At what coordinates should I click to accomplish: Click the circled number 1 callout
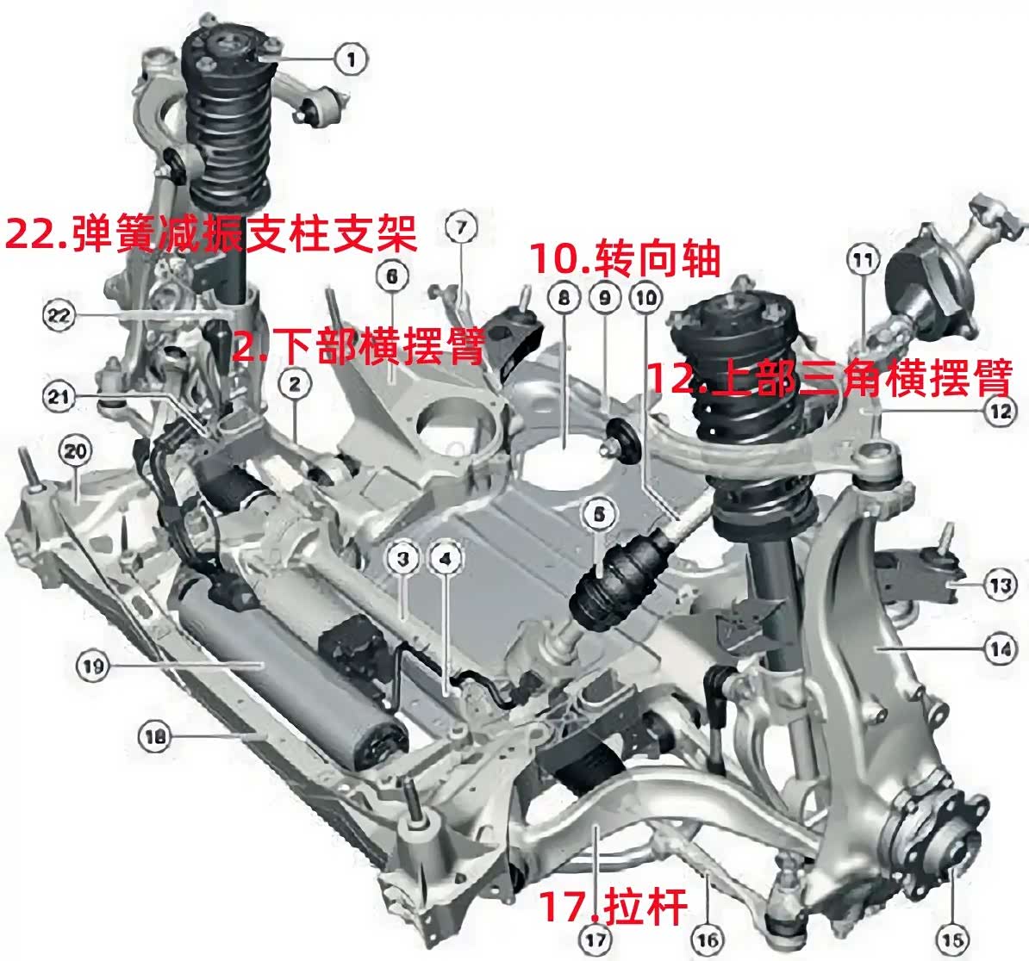point(351,59)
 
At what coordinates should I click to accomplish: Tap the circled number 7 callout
point(461,228)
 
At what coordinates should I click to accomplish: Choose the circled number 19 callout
point(92,666)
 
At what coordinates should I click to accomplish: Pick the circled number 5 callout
point(599,515)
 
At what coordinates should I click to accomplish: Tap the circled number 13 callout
point(999,584)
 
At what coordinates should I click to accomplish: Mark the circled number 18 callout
point(154,737)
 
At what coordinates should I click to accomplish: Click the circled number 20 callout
point(75,451)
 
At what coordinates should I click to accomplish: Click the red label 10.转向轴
point(626,257)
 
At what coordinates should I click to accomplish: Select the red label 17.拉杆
point(613,906)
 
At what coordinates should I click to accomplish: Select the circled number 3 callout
point(403,559)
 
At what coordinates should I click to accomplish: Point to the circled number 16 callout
point(708,940)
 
